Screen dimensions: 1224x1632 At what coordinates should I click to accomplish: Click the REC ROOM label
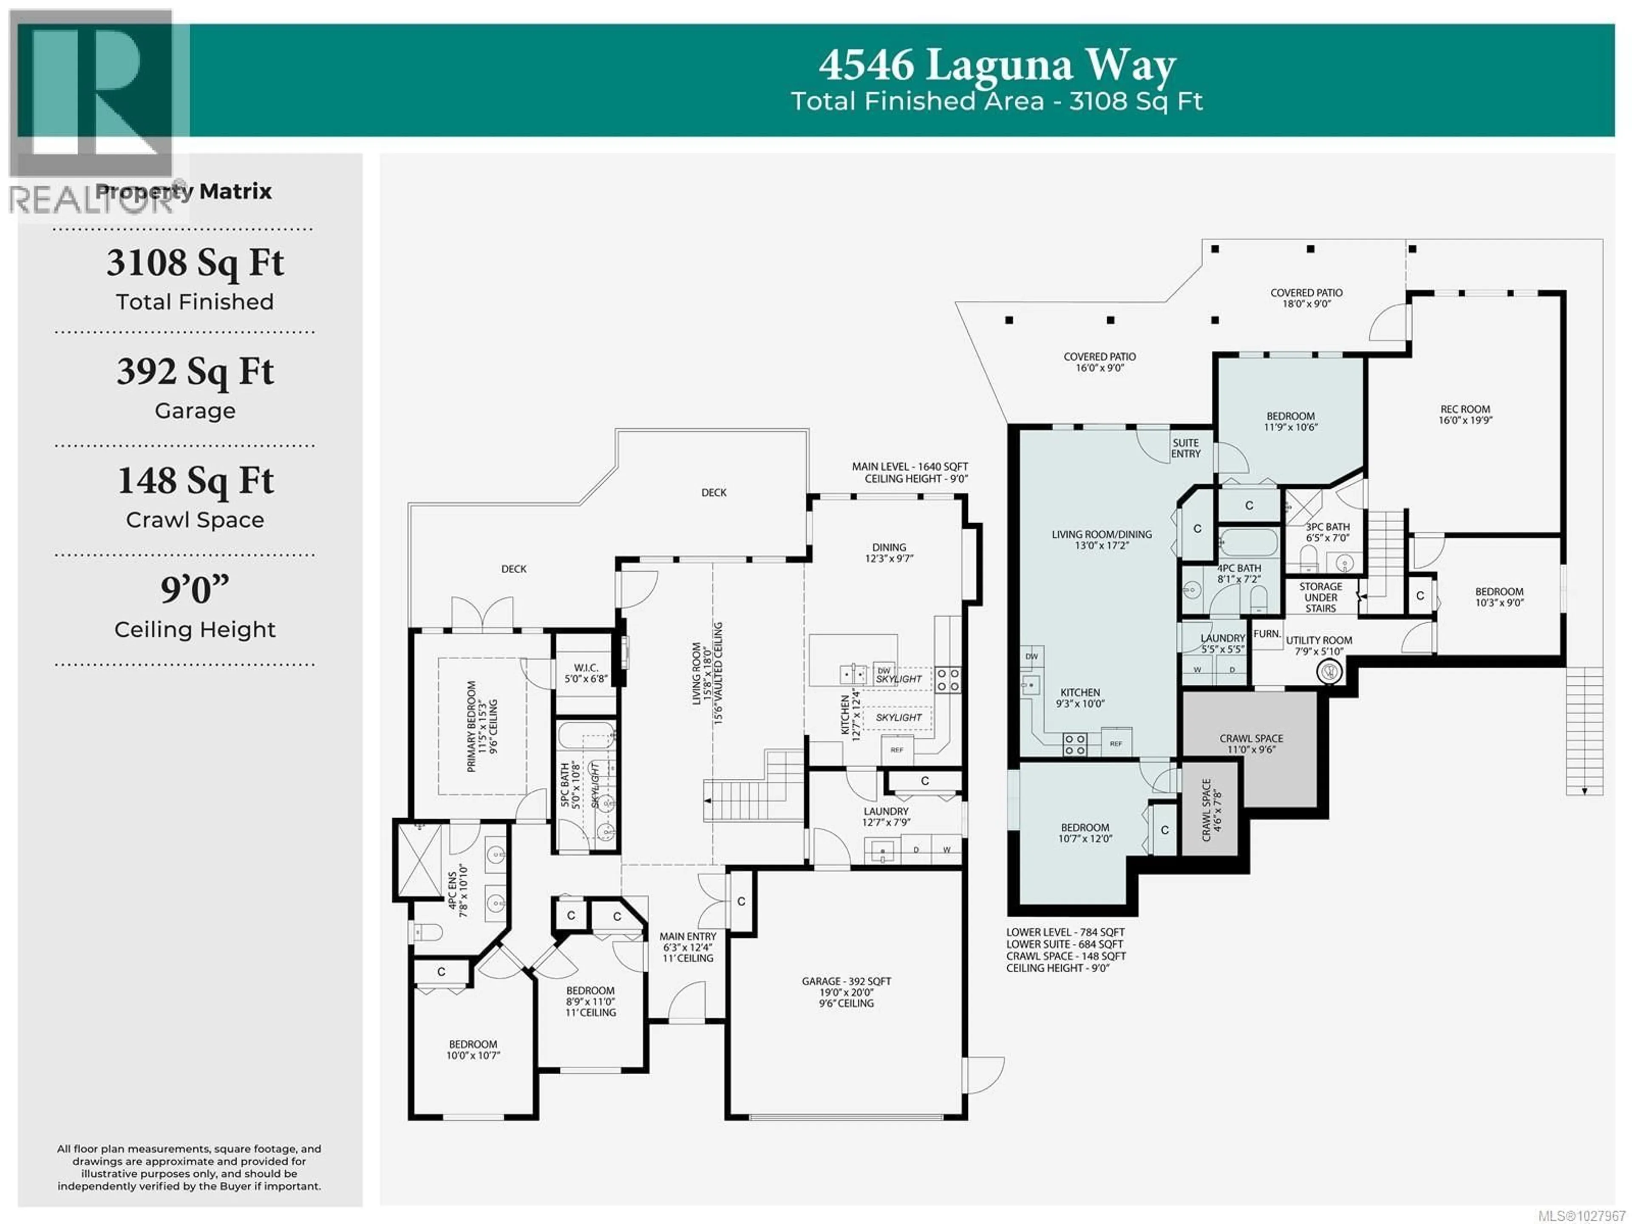(x=1465, y=410)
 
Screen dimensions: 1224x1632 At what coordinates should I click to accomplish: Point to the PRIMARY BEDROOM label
(x=471, y=726)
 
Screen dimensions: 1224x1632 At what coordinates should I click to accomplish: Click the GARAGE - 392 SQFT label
(x=846, y=981)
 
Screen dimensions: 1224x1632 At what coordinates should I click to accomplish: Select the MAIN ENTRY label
(x=688, y=936)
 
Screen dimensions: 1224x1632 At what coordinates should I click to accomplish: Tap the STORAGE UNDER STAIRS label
(x=1320, y=597)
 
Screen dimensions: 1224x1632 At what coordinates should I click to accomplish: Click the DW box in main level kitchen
(x=884, y=671)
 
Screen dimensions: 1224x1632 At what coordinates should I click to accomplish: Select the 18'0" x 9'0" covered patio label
(x=1306, y=298)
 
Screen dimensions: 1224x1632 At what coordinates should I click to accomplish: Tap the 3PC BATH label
(x=1328, y=527)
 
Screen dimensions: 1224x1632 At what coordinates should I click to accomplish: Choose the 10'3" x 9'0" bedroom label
(x=1499, y=597)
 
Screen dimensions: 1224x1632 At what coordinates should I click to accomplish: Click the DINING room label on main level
(x=889, y=548)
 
